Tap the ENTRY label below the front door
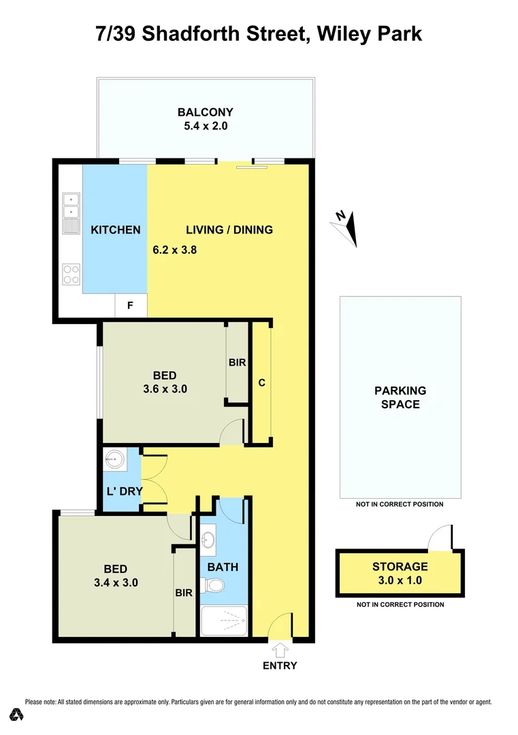(x=280, y=666)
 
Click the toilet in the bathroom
(x=216, y=585)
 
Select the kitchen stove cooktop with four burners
(x=71, y=274)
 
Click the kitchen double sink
(x=71, y=207)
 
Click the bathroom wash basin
(x=208, y=540)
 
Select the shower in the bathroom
(x=225, y=621)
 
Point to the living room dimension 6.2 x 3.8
(x=174, y=250)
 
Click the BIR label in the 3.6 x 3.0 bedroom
(x=237, y=363)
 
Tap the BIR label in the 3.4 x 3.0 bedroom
(x=184, y=593)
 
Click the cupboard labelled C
(x=261, y=382)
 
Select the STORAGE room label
(x=400, y=566)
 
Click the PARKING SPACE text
(x=400, y=397)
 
